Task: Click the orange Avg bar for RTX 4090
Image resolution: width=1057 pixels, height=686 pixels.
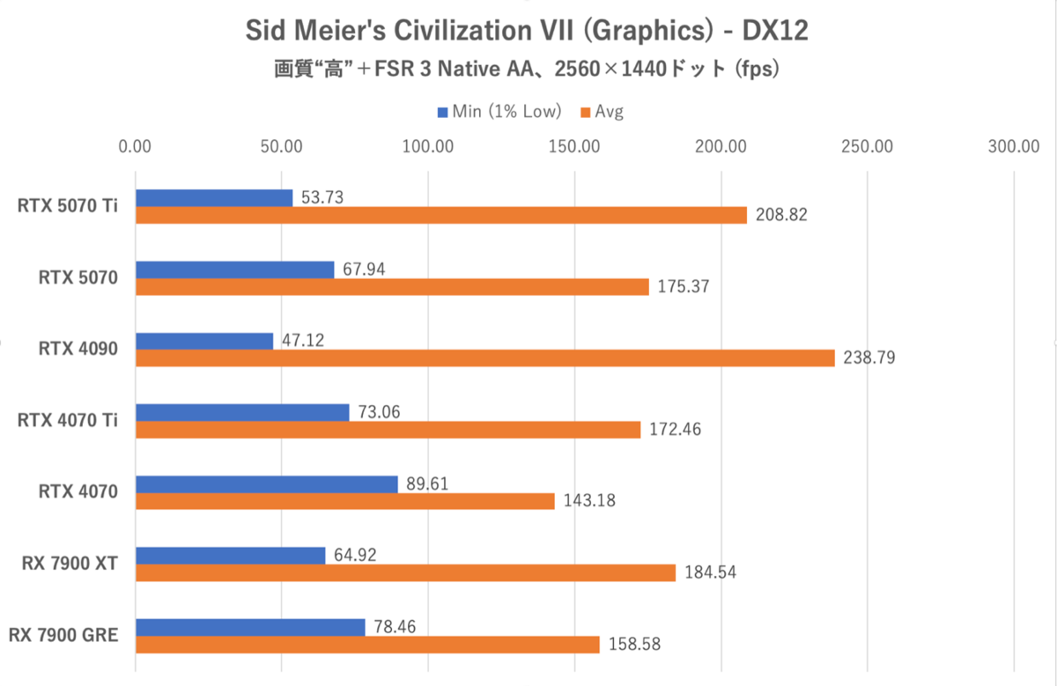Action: pyautogui.click(x=484, y=358)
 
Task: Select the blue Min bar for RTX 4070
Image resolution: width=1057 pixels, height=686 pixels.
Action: pyautogui.click(x=266, y=484)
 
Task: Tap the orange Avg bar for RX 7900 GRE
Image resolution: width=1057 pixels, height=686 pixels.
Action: pyautogui.click(x=367, y=645)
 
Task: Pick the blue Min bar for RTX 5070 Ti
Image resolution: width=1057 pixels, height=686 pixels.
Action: pyautogui.click(x=214, y=198)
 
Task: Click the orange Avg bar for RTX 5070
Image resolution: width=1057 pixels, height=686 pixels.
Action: pyautogui.click(x=392, y=286)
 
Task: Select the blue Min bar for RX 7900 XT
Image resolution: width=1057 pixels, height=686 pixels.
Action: pyautogui.click(x=230, y=556)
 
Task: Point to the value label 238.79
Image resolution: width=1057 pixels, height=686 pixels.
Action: pyautogui.click(x=869, y=358)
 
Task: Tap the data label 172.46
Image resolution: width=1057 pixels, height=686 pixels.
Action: pyautogui.click(x=674, y=431)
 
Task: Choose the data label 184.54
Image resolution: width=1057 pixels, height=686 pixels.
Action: pyautogui.click(x=709, y=573)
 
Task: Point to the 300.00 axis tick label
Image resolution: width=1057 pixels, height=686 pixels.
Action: pyautogui.click(x=1014, y=146)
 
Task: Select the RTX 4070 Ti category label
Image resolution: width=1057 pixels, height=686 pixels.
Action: pyautogui.click(x=69, y=421)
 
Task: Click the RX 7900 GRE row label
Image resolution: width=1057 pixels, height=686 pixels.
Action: pyautogui.click(x=63, y=635)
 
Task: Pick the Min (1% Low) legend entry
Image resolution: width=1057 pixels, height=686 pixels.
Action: pyautogui.click(x=499, y=112)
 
